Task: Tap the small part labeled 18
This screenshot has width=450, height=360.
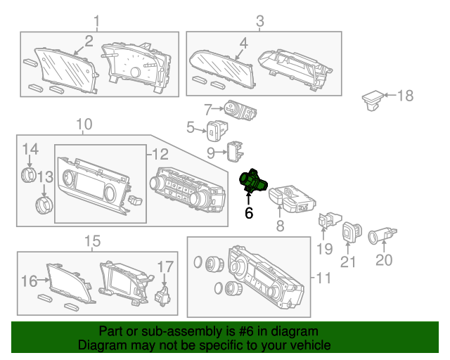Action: click(x=373, y=100)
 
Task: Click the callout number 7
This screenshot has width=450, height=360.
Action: click(x=208, y=109)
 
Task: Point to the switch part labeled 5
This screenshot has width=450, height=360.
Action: click(x=215, y=129)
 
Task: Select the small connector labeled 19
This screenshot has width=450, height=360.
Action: click(x=328, y=220)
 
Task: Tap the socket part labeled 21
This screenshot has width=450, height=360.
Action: click(x=351, y=233)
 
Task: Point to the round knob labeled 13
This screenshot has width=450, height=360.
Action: click(x=44, y=205)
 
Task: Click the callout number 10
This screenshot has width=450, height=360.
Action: click(x=84, y=125)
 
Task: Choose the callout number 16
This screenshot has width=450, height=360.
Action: click(x=28, y=281)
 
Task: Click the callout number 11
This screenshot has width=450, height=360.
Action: click(x=322, y=278)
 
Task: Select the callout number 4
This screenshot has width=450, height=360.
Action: click(x=243, y=43)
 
